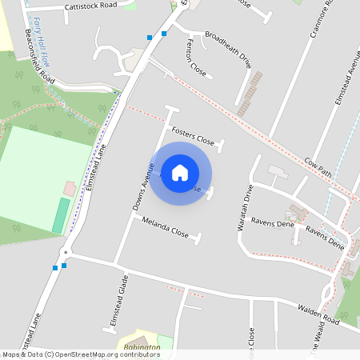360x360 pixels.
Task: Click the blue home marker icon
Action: pyautogui.click(x=180, y=173)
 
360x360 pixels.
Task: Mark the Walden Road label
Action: pyautogui.click(x=318, y=314)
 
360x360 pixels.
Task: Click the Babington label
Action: pyautogui.click(x=144, y=347)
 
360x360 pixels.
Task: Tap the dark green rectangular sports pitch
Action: pyautogui.click(x=61, y=215)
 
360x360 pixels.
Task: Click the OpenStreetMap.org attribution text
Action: pyautogui.click(x=96, y=354)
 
